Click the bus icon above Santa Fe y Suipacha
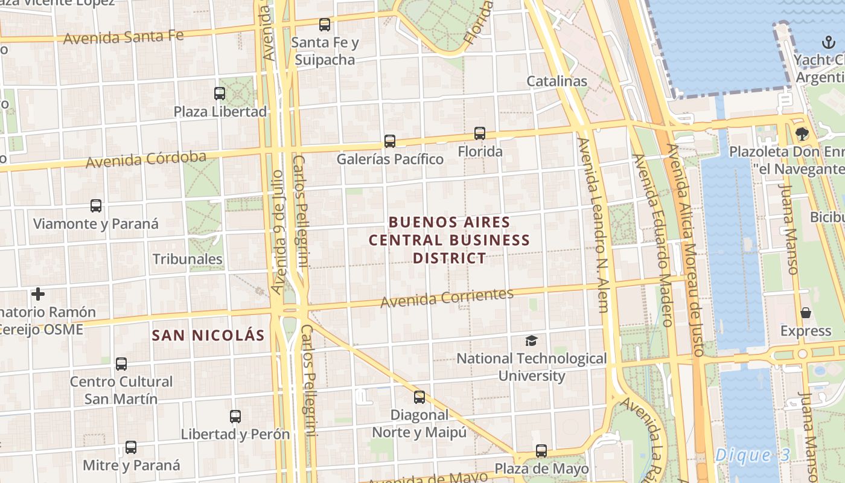pyautogui.click(x=325, y=25)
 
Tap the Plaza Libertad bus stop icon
pyautogui.click(x=220, y=94)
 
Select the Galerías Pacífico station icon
pyautogui.click(x=390, y=141)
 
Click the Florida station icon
pyautogui.click(x=480, y=133)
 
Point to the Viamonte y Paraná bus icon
pyautogui.click(x=96, y=206)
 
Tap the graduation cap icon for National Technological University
pyautogui.click(x=531, y=341)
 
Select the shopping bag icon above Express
pyautogui.click(x=806, y=313)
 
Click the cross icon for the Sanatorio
pyautogui.click(x=38, y=294)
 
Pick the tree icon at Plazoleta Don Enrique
pyautogui.click(x=802, y=133)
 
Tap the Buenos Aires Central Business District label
pyautogui.click(x=450, y=240)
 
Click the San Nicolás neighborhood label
pyautogui.click(x=208, y=336)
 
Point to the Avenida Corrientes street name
pyautogui.click(x=447, y=297)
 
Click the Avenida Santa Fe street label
pyautogui.click(x=123, y=37)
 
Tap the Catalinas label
pyautogui.click(x=556, y=81)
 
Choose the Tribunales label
pyautogui.click(x=187, y=259)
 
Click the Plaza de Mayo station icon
pyautogui.click(x=541, y=451)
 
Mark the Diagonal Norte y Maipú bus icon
pyautogui.click(x=419, y=397)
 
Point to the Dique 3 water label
pyautogui.click(x=751, y=456)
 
